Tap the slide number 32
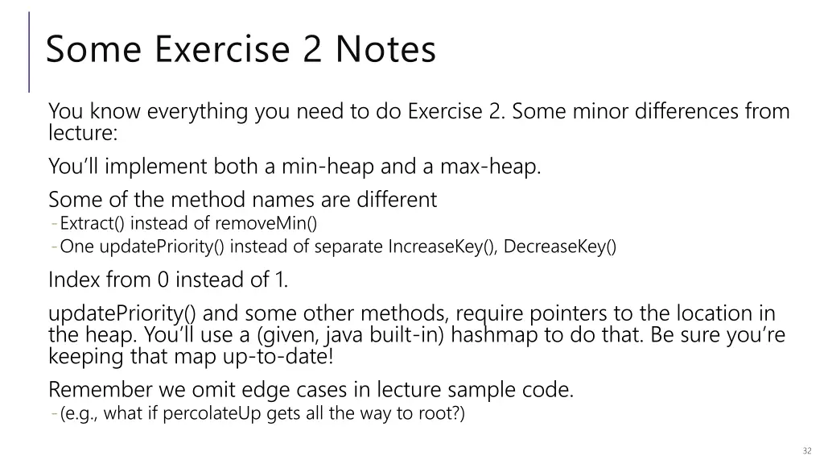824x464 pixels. coord(807,450)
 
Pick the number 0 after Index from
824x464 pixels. coord(163,280)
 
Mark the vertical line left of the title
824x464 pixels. coord(30,51)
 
